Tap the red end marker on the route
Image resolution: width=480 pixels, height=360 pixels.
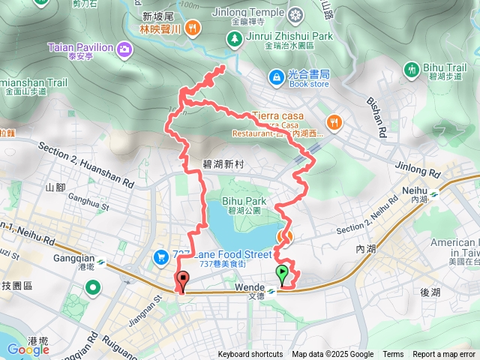coord(181,281)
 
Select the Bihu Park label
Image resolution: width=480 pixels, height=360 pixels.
coord(244,201)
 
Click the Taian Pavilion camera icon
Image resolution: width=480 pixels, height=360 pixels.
coord(124,48)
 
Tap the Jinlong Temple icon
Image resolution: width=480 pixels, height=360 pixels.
coord(297,13)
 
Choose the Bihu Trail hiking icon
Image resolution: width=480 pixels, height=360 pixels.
coord(411,70)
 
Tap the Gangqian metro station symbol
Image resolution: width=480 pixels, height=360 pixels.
coord(101,264)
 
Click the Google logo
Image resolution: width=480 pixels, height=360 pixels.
coord(28,349)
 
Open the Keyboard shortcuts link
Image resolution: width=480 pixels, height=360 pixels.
coord(250,355)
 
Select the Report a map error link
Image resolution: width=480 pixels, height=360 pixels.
coord(444,355)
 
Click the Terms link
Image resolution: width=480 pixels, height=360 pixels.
coord(393,355)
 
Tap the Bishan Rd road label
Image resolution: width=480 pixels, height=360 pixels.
coord(376,118)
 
